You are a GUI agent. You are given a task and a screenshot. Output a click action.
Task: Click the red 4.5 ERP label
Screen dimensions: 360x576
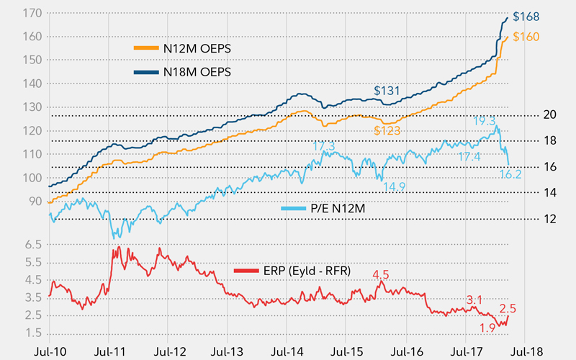[379, 274]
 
